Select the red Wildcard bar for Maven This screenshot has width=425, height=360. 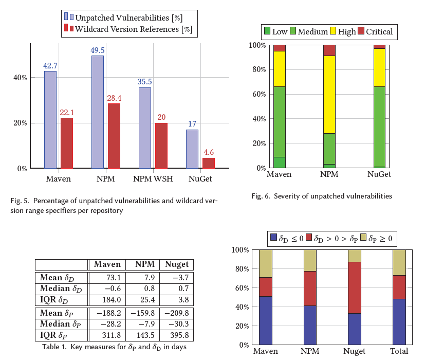coord(67,143)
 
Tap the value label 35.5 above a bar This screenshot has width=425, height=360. coord(145,82)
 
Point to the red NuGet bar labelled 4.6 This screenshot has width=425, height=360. coord(209,163)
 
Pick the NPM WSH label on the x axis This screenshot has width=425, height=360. coord(153,179)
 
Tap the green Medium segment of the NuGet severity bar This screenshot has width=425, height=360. coord(379,127)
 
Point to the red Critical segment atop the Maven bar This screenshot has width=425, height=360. coord(280,48)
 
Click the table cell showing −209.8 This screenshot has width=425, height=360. coord(176,313)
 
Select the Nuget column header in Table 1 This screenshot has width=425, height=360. coord(176,264)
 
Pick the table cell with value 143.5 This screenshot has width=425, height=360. coord(141,335)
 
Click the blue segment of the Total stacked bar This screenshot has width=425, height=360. coord(399,321)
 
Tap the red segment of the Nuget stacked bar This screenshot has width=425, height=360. coord(355,287)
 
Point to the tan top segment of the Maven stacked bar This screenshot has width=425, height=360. coord(266,263)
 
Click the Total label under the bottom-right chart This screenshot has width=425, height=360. coord(399,351)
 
